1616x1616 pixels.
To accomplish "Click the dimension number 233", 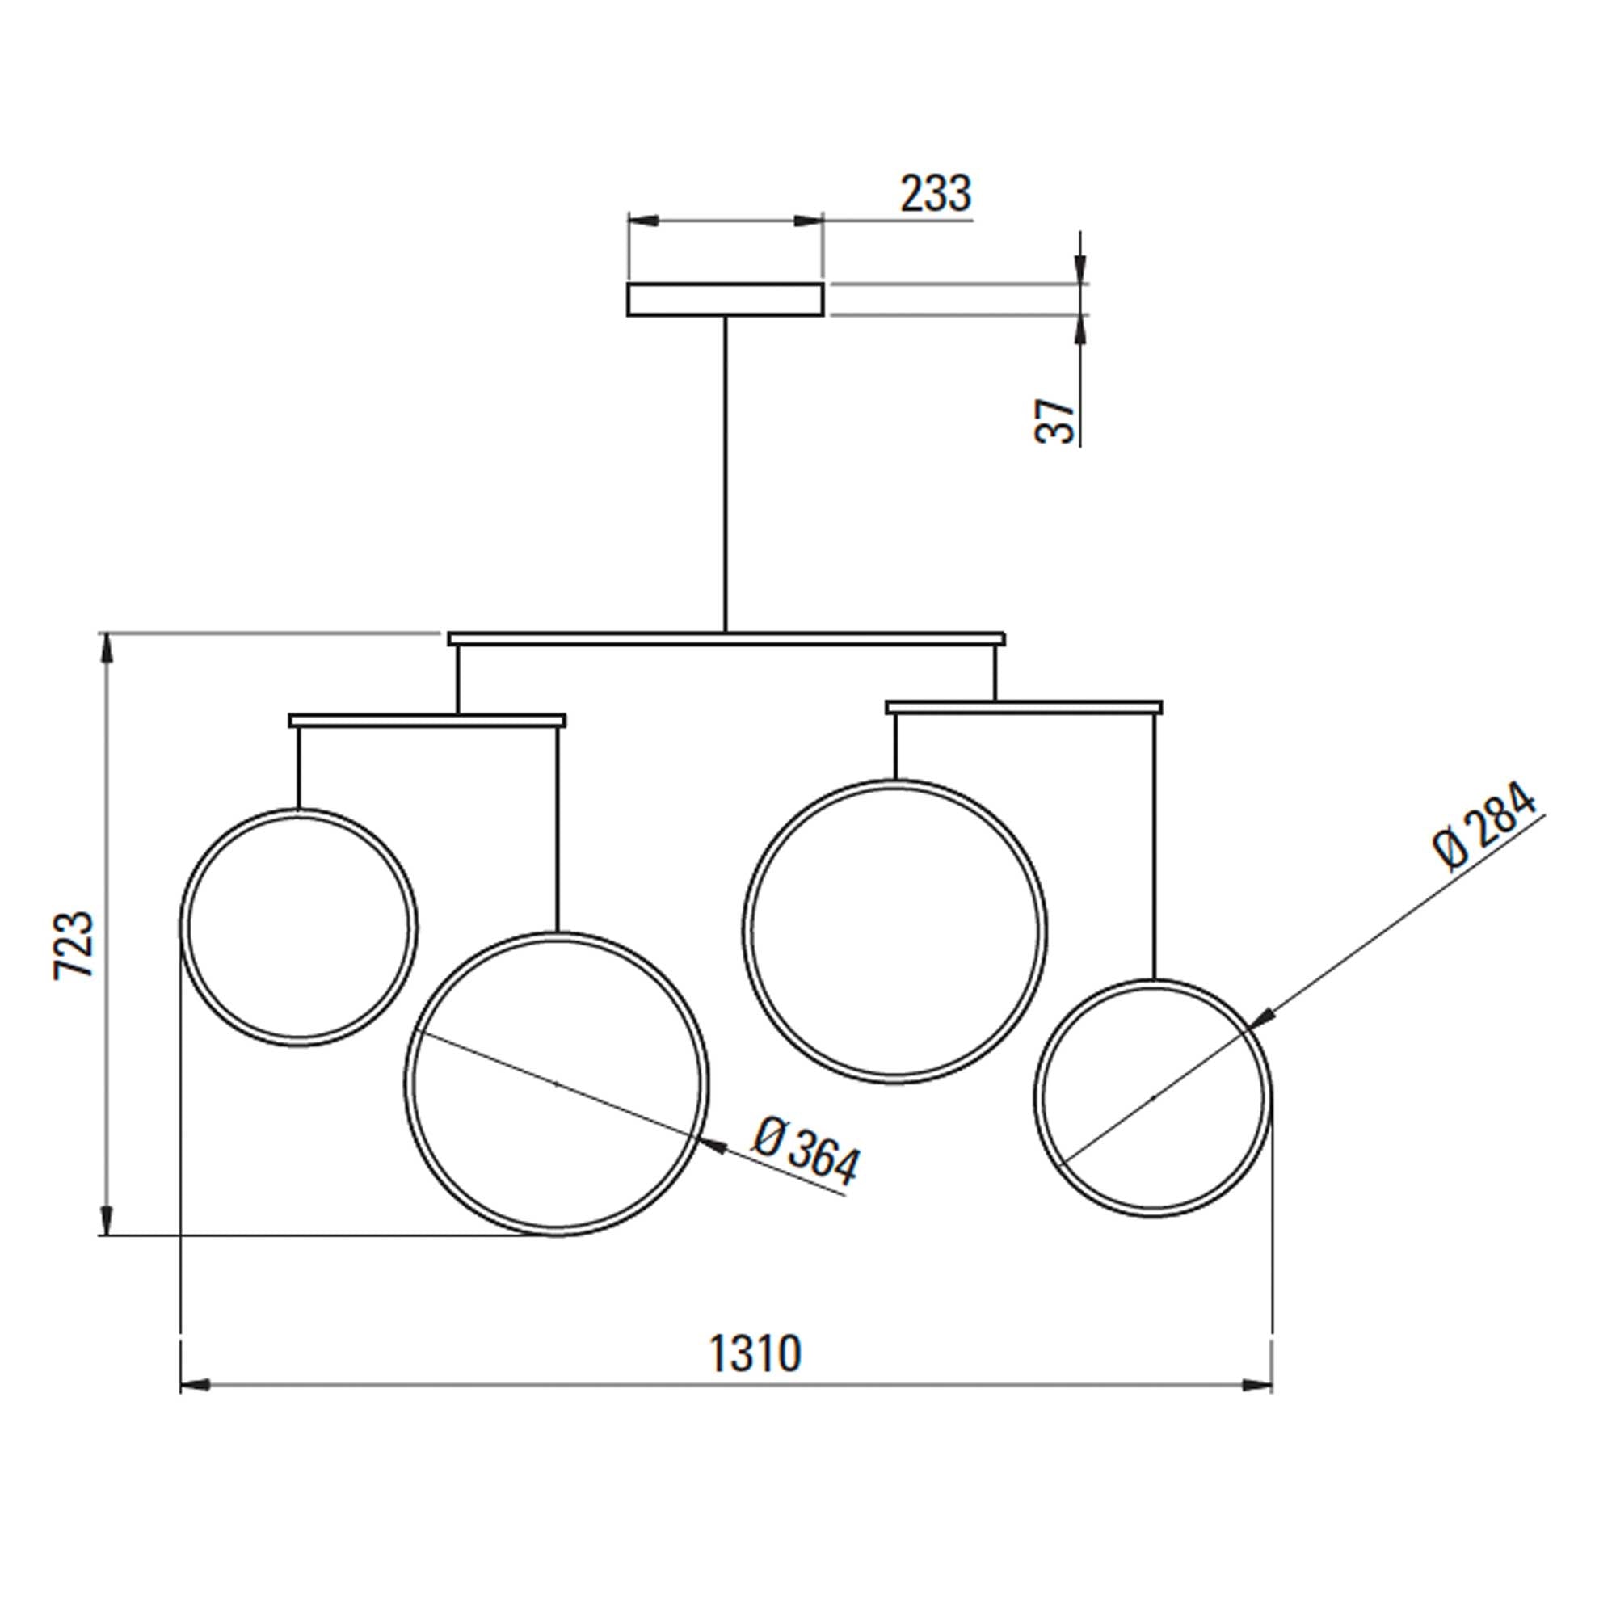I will pyautogui.click(x=935, y=194).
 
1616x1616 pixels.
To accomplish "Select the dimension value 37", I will pyautogui.click(x=1055, y=421).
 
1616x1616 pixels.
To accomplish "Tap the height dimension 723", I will pyautogui.click(x=74, y=944).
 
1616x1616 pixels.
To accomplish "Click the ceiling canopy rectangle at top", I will pyautogui.click(x=726, y=300).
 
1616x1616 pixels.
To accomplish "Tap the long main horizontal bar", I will pyautogui.click(x=726, y=639).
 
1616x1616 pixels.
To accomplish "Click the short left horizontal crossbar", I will pyautogui.click(x=427, y=720).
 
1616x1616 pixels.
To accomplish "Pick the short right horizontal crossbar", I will pyautogui.click(x=1024, y=708).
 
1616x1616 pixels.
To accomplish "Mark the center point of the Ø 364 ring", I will pyautogui.click(x=557, y=1084).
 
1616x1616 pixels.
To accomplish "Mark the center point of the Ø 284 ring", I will pyautogui.click(x=1154, y=1097).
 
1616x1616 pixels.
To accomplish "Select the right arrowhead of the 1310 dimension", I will pyautogui.click(x=1258, y=1386).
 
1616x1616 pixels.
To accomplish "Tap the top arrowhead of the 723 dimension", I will pyautogui.click(x=105, y=649).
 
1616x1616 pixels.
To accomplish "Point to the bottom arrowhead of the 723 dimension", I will pyautogui.click(x=105, y=1219).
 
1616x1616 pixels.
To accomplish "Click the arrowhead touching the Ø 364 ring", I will pyautogui.click(x=712, y=1146).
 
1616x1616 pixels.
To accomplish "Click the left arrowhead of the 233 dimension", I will pyautogui.click(x=642, y=221).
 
